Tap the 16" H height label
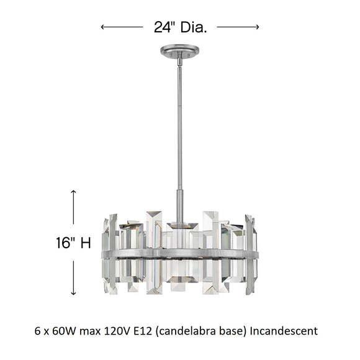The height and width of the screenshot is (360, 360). pyautogui.click(x=72, y=243)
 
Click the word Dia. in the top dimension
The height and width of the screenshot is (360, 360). pyautogui.click(x=192, y=26)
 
